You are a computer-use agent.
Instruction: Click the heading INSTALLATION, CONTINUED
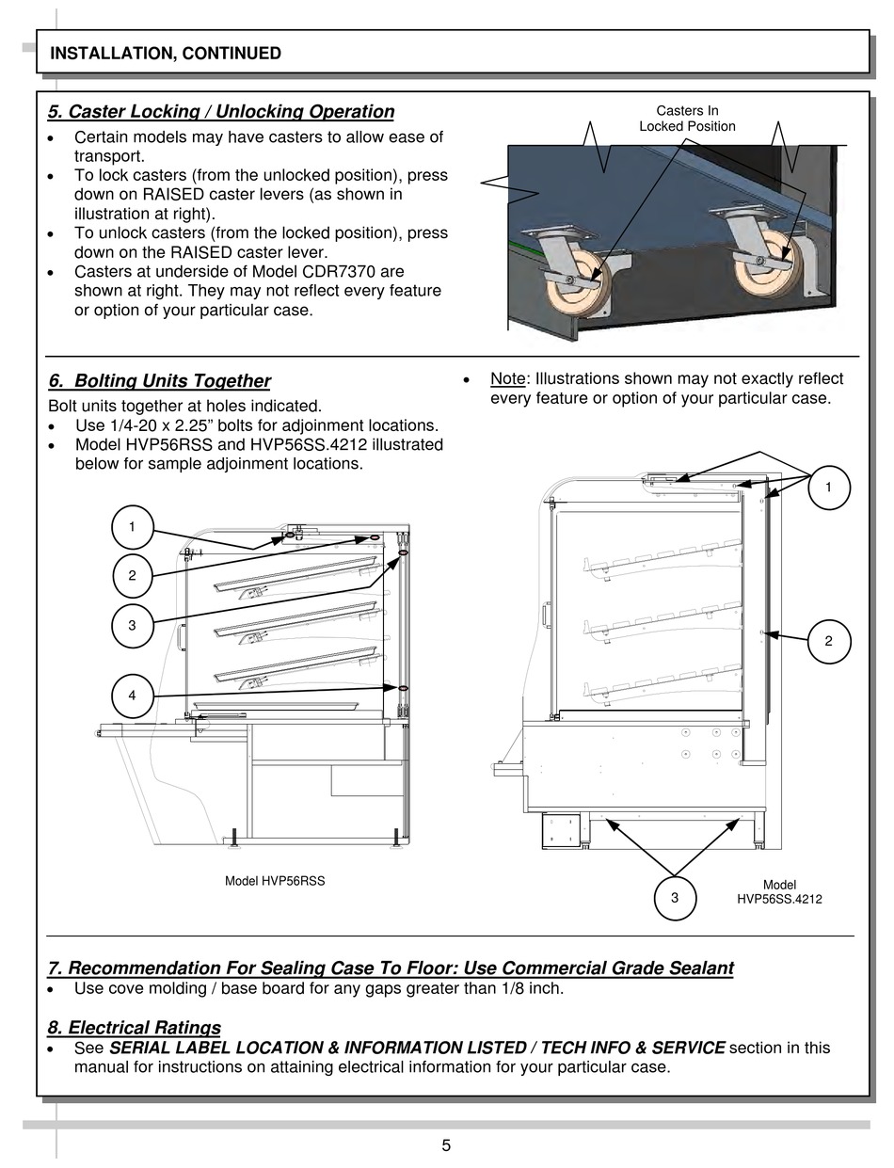[x=165, y=54]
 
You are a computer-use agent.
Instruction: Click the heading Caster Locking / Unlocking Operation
[x=221, y=112]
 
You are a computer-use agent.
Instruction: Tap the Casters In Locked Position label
[x=687, y=119]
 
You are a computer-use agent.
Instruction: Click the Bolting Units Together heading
[x=159, y=381]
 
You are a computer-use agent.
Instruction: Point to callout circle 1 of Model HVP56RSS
[x=133, y=527]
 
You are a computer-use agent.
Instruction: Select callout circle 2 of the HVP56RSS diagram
[x=133, y=575]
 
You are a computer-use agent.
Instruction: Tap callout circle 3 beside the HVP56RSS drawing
[x=133, y=624]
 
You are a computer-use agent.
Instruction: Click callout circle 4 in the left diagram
[x=133, y=696]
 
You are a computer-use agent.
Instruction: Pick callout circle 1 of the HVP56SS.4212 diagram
[x=828, y=488]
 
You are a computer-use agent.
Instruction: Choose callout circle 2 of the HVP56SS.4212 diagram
[x=828, y=641]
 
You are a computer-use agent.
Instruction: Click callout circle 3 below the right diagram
[x=675, y=898]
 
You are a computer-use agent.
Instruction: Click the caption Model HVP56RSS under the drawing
[x=275, y=882]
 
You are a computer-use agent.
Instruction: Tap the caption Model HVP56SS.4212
[x=779, y=892]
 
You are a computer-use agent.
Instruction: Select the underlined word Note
[x=507, y=379]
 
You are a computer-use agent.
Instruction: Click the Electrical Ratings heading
[x=134, y=1028]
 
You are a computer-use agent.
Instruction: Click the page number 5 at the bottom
[x=446, y=1145]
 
